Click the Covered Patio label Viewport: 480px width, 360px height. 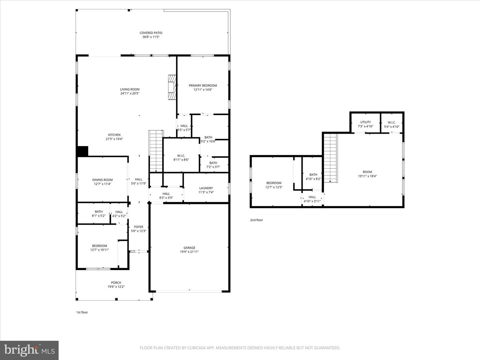click(151, 33)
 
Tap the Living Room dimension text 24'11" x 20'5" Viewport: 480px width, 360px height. click(130, 94)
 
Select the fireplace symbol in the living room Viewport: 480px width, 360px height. click(172, 87)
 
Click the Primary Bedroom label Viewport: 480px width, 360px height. click(203, 86)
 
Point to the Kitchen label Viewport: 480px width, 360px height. click(114, 135)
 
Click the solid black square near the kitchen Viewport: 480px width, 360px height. click(82, 151)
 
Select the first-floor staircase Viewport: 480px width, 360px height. click(156, 151)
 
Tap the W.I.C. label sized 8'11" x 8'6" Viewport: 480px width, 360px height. click(181, 156)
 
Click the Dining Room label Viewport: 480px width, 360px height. click(102, 180)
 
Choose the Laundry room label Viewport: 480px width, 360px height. click(206, 188)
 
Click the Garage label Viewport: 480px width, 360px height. click(189, 248)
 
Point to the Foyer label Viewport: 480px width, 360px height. click(138, 227)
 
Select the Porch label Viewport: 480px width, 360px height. click(116, 283)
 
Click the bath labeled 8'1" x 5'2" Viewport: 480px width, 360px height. click(99, 214)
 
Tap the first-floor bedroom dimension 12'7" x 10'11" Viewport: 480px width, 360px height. click(99, 250)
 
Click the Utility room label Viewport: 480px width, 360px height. click(365, 122)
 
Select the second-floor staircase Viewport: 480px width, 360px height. click(331, 157)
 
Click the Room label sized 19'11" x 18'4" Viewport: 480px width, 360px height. click(367, 172)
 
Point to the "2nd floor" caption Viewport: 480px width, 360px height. click(257, 220)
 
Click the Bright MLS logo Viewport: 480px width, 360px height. click(29, 350)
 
